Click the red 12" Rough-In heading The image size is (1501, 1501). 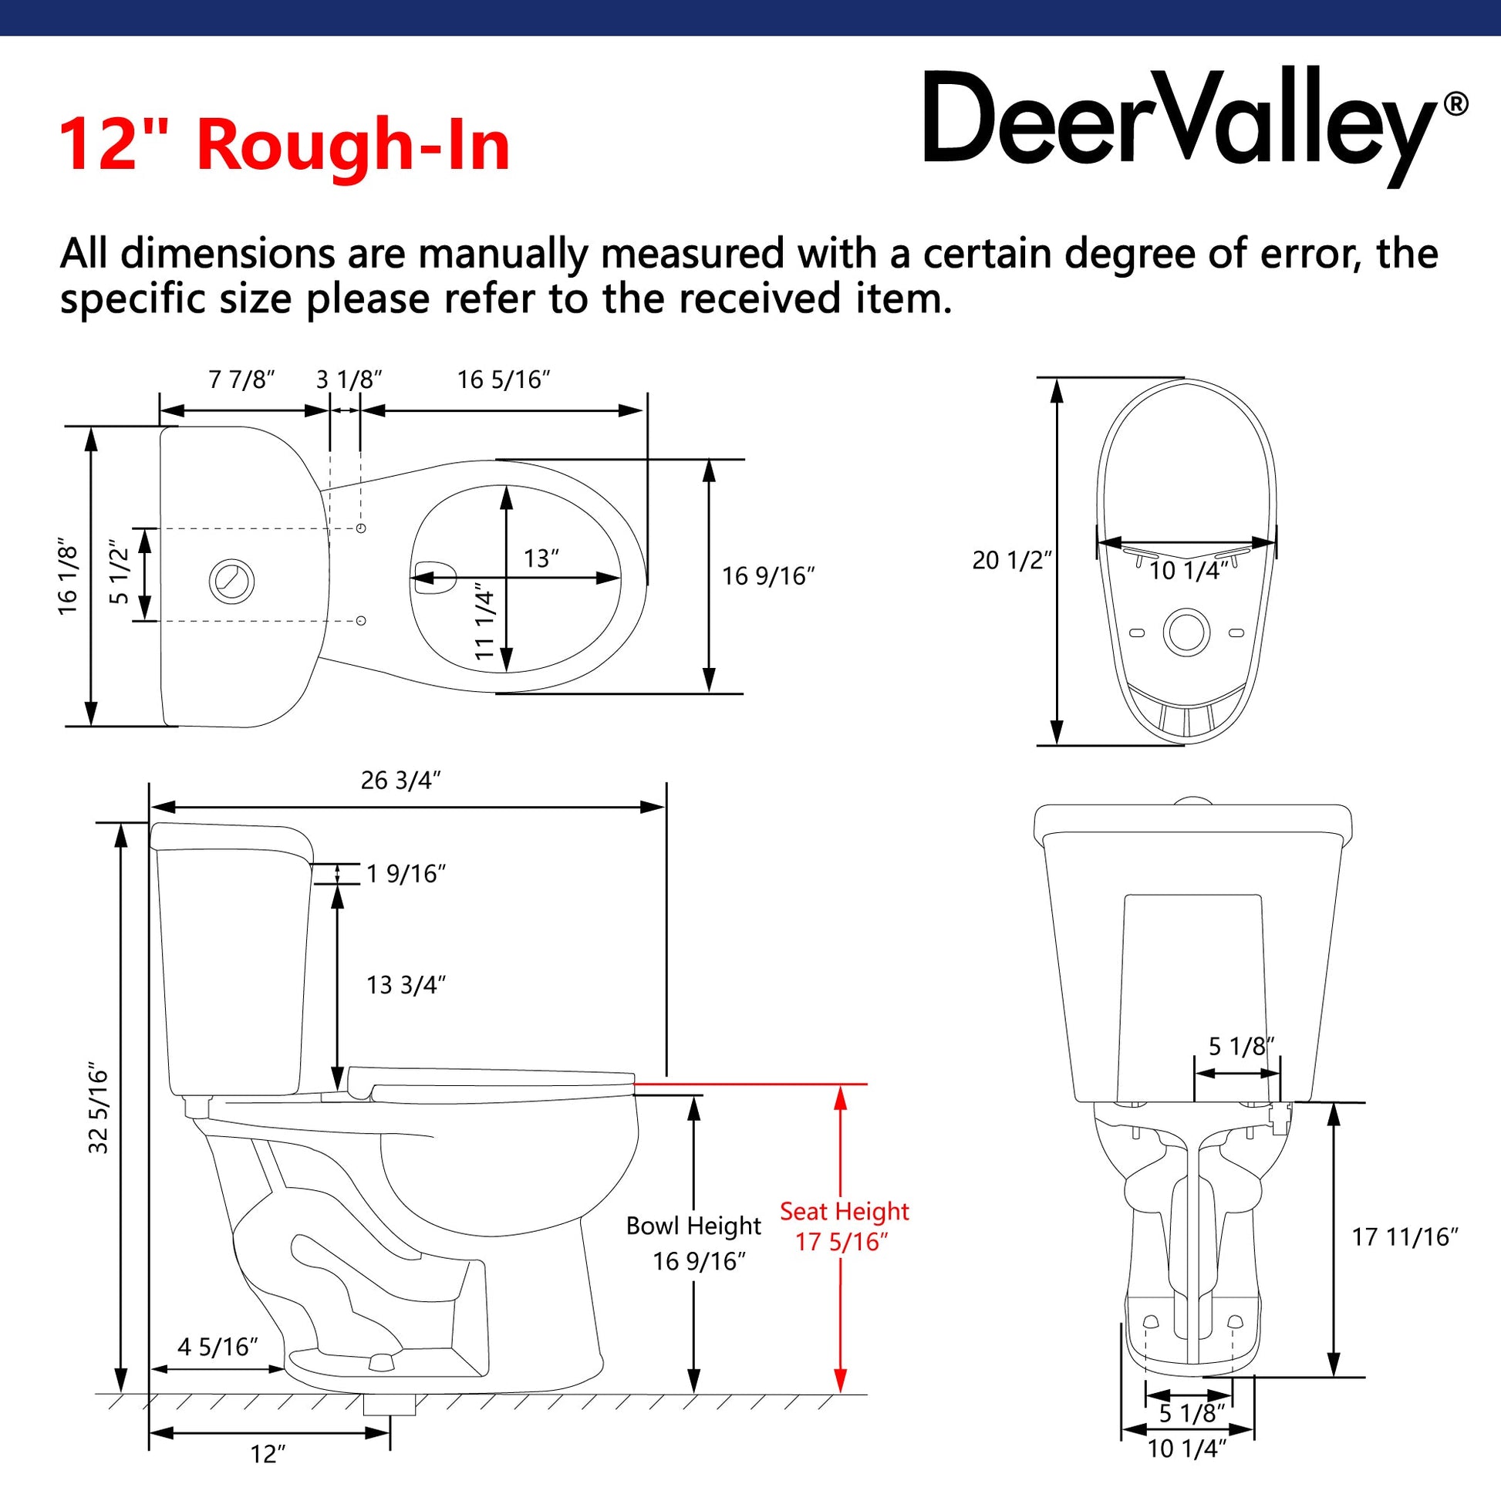click(x=285, y=144)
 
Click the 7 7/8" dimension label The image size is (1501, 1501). click(x=241, y=380)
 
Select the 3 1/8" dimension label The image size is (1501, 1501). click(x=349, y=380)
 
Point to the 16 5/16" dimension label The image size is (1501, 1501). click(x=504, y=380)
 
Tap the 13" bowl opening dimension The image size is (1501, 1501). click(x=541, y=558)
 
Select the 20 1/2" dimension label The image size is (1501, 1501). click(x=1011, y=560)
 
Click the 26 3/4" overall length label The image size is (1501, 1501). click(x=401, y=780)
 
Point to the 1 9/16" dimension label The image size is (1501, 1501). click(x=406, y=874)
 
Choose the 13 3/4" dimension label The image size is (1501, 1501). click(x=406, y=985)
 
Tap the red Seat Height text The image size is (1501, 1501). click(x=844, y=1211)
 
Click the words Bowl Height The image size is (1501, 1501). click(x=693, y=1226)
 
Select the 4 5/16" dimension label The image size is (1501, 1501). click(x=218, y=1347)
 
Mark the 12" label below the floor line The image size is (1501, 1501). click(x=268, y=1455)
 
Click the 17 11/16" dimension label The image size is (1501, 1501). click(x=1405, y=1237)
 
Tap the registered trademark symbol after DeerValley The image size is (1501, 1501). click(x=1456, y=104)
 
